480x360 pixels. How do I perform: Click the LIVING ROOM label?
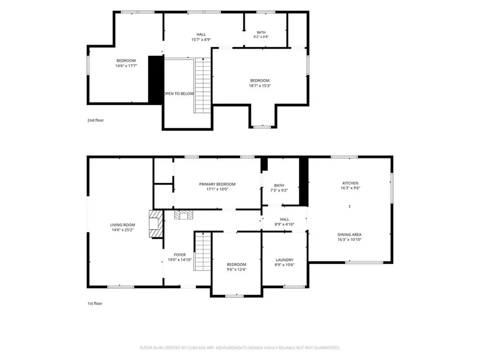[x=122, y=225]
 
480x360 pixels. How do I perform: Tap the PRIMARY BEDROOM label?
[x=217, y=184]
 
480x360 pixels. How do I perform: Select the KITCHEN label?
[x=351, y=183]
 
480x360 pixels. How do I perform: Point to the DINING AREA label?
[x=350, y=234]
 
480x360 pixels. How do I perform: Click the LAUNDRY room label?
[x=285, y=260]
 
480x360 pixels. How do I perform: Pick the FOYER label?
[x=180, y=255]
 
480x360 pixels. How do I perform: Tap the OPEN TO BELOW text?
[x=179, y=94]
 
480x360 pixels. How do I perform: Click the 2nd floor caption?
[x=96, y=120]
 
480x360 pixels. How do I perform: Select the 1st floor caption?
[x=95, y=303]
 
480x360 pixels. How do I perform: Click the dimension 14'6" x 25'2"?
[x=122, y=230]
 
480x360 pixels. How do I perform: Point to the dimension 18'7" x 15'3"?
[x=260, y=86]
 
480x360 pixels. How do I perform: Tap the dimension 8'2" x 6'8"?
[x=261, y=37]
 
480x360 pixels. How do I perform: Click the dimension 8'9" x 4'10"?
[x=285, y=225]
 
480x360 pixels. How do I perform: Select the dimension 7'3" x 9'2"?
[x=279, y=190]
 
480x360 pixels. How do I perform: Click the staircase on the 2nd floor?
[x=202, y=85]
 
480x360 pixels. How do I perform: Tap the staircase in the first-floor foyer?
[x=202, y=251]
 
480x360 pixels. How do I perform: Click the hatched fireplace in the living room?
[x=156, y=224]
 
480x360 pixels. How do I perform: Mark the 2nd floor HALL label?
[x=201, y=35]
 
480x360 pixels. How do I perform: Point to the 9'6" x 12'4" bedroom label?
[x=237, y=267]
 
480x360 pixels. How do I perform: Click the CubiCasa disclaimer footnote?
[x=240, y=348]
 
